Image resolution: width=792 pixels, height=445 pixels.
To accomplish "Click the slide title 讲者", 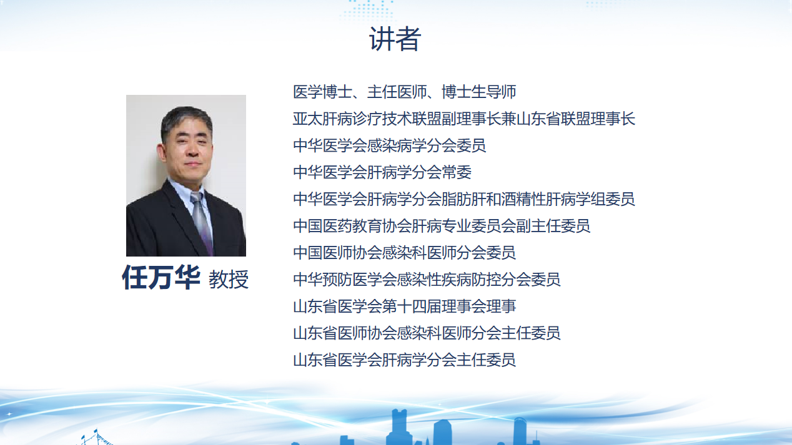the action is [x=395, y=39].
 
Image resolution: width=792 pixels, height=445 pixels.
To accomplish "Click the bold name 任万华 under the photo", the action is [x=161, y=277].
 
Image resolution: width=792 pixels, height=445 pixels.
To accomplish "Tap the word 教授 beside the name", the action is [x=229, y=279].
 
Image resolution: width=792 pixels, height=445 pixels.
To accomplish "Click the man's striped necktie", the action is [x=202, y=219].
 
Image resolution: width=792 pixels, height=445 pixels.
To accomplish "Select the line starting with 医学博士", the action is [x=405, y=92].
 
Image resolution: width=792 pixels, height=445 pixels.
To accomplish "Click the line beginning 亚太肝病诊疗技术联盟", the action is [x=464, y=119].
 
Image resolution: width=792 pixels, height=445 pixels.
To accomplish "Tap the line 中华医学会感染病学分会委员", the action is [x=390, y=145].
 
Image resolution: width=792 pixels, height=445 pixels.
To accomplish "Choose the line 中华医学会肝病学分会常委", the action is [x=382, y=172].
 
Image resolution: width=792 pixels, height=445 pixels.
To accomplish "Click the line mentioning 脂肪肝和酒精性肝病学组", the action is [x=464, y=199].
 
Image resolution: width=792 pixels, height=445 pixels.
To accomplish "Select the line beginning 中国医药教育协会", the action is [x=442, y=226].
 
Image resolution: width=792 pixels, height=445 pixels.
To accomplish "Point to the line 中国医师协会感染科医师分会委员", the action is [x=405, y=253].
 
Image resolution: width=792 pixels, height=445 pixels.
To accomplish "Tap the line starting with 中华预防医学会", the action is [x=427, y=280].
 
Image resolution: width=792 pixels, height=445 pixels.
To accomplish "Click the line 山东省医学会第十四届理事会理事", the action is [x=405, y=306].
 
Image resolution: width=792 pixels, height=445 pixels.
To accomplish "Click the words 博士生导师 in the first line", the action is [x=479, y=92].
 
